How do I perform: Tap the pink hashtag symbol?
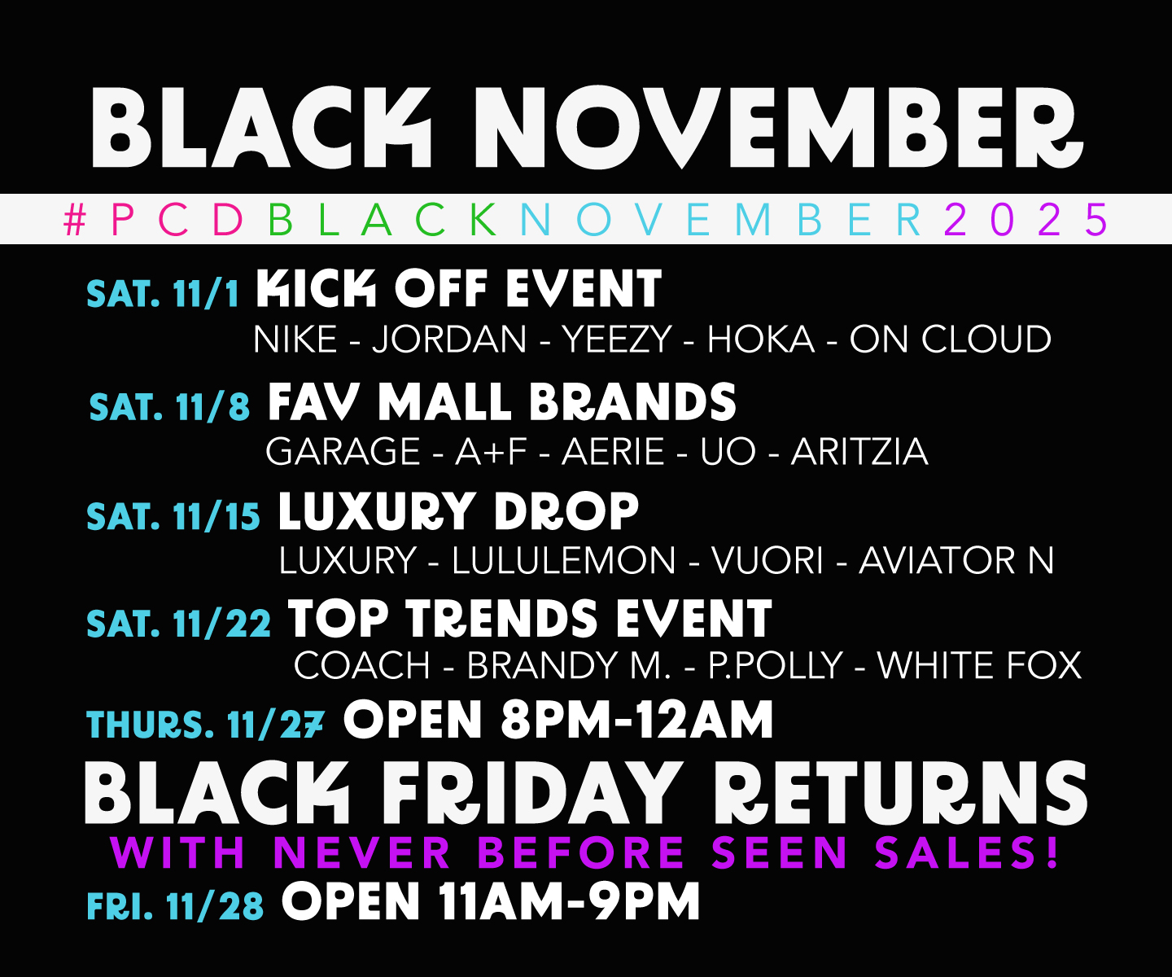click(x=75, y=220)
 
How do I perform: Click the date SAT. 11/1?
click(x=163, y=293)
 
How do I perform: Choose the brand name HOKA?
click(x=761, y=340)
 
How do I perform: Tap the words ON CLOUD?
click(x=950, y=340)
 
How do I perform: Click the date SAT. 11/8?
click(x=169, y=406)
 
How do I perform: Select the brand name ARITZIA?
click(x=859, y=452)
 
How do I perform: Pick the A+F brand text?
click(x=492, y=452)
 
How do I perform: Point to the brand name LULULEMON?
click(x=563, y=561)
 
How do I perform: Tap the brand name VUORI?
click(x=767, y=561)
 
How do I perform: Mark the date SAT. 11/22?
click(x=178, y=624)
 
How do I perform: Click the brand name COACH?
click(x=362, y=666)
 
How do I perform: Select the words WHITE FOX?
click(x=979, y=666)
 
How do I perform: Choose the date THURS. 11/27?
click(x=205, y=725)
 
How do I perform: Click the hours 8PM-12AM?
click(x=636, y=721)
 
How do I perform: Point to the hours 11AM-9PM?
click(x=569, y=902)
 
